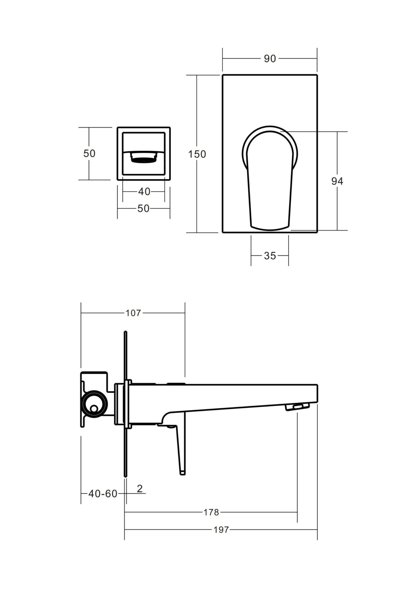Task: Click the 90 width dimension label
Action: pyautogui.click(x=269, y=58)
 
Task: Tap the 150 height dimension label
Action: pyautogui.click(x=197, y=154)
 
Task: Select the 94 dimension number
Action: pyautogui.click(x=337, y=181)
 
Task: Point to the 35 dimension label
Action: pyautogui.click(x=270, y=256)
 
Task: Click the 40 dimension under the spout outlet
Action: pyautogui.click(x=144, y=192)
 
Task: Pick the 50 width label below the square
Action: pyautogui.click(x=144, y=208)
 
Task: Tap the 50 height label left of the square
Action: pyautogui.click(x=89, y=153)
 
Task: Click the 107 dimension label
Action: pyautogui.click(x=133, y=313)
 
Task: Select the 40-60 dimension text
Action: pyautogui.click(x=103, y=494)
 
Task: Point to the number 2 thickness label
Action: pyautogui.click(x=140, y=488)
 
